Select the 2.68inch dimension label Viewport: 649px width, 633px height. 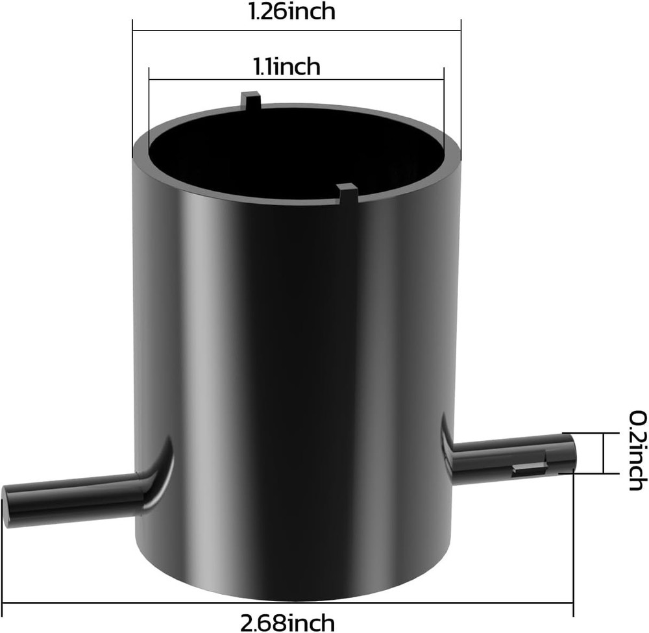(288, 623)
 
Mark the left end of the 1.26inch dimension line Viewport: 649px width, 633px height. (133, 29)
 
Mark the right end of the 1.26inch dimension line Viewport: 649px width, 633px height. (460, 29)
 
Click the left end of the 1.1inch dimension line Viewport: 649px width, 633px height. (149, 80)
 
